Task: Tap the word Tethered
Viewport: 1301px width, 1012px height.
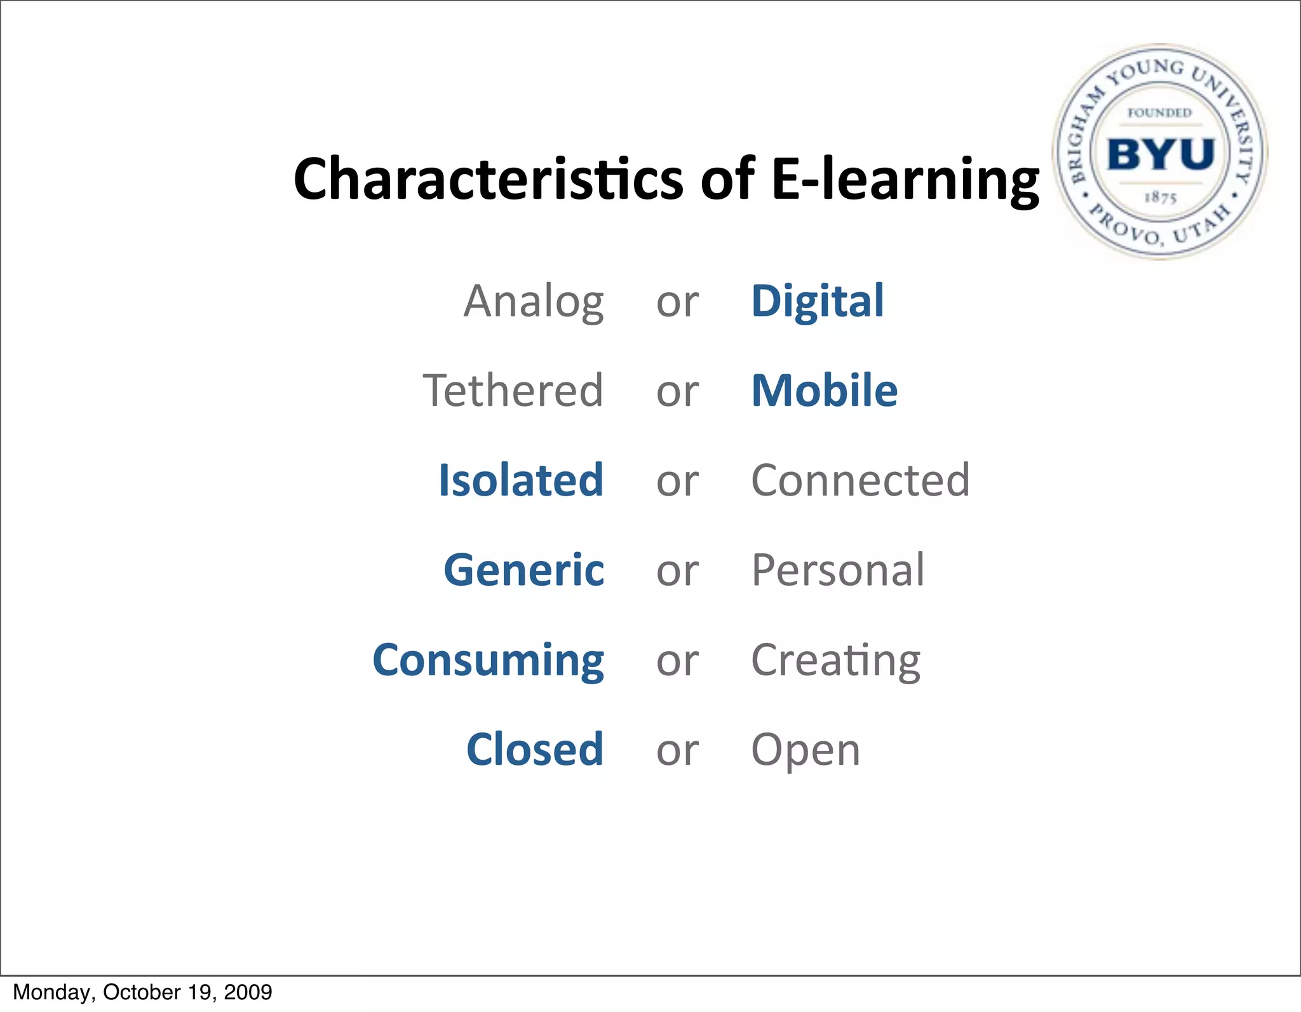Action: point(513,391)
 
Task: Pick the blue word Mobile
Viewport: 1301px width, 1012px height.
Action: point(824,391)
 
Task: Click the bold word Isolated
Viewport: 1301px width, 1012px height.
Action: point(521,480)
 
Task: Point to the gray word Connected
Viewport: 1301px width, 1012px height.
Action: point(860,480)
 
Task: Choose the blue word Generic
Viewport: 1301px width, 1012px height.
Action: point(523,570)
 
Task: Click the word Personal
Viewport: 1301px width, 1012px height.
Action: point(837,570)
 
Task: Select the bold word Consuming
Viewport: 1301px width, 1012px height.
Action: point(488,660)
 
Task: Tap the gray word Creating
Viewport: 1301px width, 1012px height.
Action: point(835,660)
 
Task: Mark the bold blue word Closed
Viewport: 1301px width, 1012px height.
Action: point(534,750)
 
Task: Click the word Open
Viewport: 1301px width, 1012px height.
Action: point(805,750)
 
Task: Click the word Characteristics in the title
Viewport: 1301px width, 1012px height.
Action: point(489,179)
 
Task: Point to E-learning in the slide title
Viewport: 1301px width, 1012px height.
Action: point(905,179)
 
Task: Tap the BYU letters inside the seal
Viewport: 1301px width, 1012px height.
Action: point(1161,154)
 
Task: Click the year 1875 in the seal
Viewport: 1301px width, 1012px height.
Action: point(1161,198)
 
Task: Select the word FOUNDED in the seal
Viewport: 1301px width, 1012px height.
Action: point(1159,113)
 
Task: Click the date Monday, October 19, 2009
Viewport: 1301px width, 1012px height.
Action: point(142,992)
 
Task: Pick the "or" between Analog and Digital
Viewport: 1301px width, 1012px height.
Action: point(677,302)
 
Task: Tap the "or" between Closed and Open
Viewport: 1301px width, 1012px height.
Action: point(677,751)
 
